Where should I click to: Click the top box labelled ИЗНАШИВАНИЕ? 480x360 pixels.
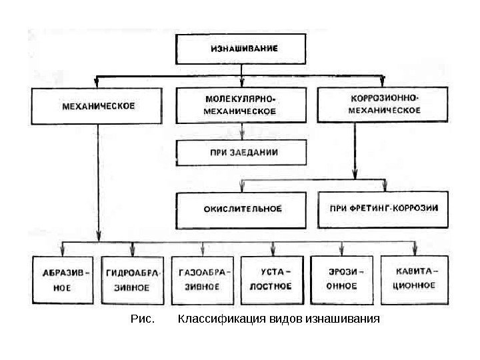(x=244, y=48)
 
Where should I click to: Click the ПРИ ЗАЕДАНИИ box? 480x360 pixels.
(x=241, y=152)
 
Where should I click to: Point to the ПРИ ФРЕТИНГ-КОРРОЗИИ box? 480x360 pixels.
(x=385, y=208)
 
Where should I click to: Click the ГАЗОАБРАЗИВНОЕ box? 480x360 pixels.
(x=203, y=281)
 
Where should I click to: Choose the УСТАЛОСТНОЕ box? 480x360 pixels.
(x=273, y=281)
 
